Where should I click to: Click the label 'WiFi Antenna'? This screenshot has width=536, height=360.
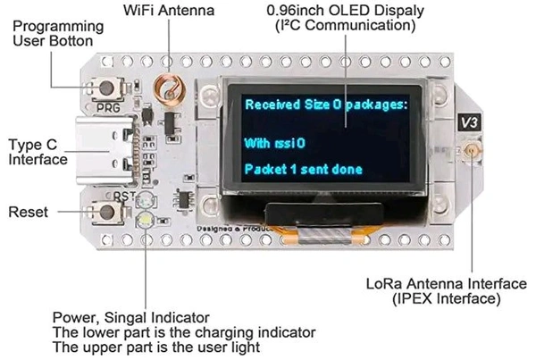click(166, 11)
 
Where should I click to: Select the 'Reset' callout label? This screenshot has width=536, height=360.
click(29, 213)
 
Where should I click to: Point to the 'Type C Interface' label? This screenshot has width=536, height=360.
click(38, 152)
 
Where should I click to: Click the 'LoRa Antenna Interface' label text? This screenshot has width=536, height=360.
click(447, 284)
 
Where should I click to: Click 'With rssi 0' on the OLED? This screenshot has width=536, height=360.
click(274, 142)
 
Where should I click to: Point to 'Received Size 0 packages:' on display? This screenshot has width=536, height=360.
click(325, 104)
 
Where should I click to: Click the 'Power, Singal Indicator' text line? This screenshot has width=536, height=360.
click(131, 317)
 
